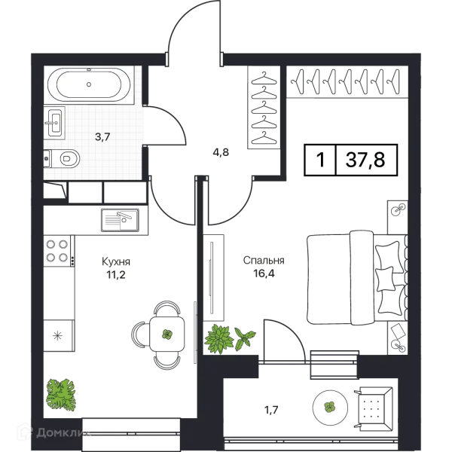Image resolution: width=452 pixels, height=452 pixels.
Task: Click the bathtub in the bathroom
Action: click(x=89, y=84)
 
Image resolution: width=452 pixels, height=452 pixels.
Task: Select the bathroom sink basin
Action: click(x=55, y=121)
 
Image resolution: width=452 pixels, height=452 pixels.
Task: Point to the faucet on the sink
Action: click(x=48, y=121)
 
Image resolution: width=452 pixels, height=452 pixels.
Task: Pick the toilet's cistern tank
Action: click(x=48, y=158)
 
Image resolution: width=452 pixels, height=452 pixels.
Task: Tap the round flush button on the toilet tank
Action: click(x=47, y=158)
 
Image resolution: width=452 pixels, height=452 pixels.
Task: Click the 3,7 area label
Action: click(x=103, y=136)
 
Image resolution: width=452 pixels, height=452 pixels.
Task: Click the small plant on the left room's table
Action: click(x=167, y=334)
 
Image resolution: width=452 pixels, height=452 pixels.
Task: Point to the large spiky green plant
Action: click(x=218, y=338)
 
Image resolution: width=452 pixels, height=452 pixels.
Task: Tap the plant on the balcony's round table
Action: click(x=329, y=407)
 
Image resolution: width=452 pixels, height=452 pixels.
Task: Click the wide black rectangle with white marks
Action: click(x=352, y=160)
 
